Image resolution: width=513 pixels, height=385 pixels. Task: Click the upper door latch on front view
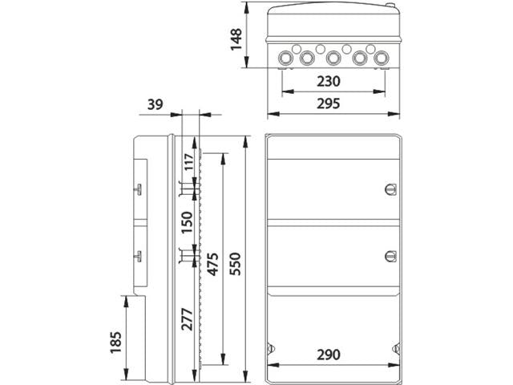[x=390, y=189]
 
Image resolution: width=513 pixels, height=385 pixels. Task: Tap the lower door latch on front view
[x=390, y=257]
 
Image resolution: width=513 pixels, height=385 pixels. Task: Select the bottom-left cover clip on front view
[x=271, y=351]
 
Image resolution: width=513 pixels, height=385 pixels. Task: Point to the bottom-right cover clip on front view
[x=396, y=351]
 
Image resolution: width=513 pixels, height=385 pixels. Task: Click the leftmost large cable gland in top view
[x=286, y=58]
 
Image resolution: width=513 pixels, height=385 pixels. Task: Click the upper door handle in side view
[x=138, y=189]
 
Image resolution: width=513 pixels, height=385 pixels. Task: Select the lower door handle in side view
[x=138, y=257]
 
